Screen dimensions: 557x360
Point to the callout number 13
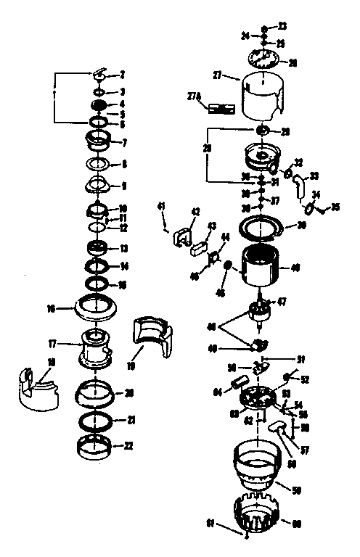click(x=123, y=248)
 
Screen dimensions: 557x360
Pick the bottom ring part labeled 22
click(x=96, y=444)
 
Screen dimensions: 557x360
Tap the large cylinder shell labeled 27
click(x=261, y=96)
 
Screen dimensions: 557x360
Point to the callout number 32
click(x=298, y=162)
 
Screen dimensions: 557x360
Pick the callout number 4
click(x=123, y=104)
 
